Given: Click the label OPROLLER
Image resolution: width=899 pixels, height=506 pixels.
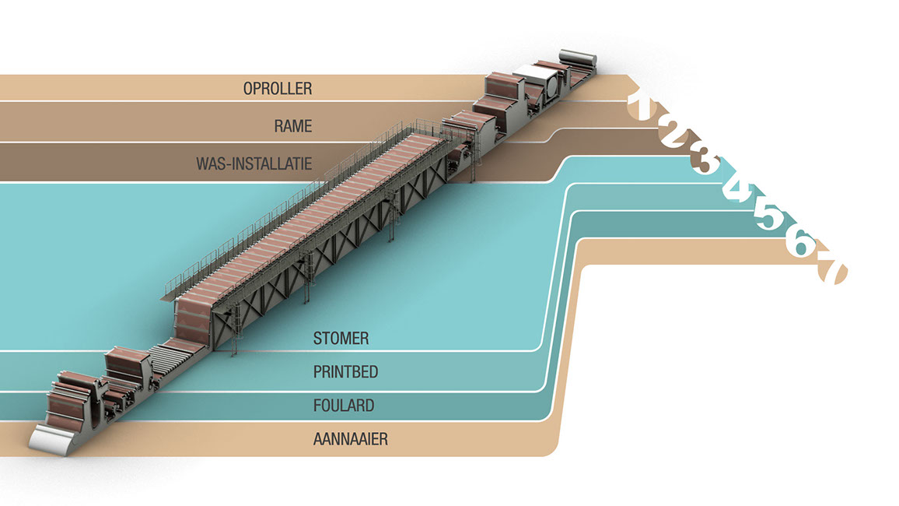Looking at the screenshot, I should click(278, 88).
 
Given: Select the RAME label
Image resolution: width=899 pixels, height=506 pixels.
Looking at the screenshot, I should click(292, 125).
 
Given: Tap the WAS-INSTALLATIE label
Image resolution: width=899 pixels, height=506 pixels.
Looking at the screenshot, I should click(254, 163).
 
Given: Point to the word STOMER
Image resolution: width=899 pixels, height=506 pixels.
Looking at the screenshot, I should click(341, 339).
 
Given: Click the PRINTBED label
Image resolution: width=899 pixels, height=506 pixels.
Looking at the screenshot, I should click(345, 372).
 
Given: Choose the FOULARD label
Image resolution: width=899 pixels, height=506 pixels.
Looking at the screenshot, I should click(343, 406).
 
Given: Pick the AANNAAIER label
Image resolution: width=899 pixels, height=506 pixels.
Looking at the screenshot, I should click(350, 439).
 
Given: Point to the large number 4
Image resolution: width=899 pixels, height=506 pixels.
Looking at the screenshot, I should click(736, 189).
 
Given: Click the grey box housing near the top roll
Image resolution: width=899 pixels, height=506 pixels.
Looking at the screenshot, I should click(539, 81).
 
